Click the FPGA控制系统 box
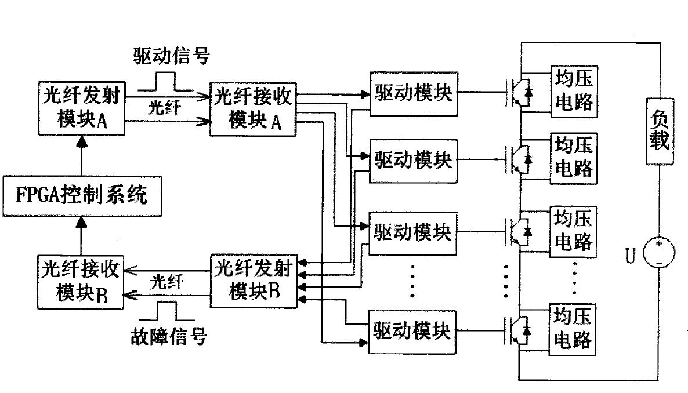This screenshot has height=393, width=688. [81, 194]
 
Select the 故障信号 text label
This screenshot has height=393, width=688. [168, 337]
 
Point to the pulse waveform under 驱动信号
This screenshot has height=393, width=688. [165, 83]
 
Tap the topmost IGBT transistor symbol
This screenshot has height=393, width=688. [519, 93]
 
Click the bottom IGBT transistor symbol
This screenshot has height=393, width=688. [519, 329]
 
